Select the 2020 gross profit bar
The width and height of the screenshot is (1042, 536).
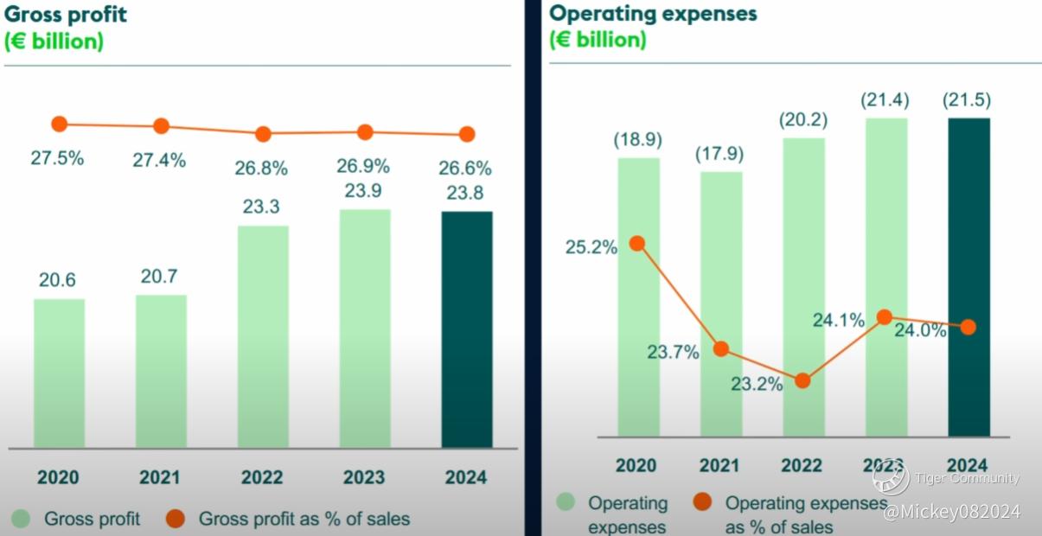59,373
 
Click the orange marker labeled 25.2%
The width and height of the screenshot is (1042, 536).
637,243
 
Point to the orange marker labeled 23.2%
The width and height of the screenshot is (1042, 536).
802,380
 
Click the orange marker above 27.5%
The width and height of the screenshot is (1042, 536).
59,124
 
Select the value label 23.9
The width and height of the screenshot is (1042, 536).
364,191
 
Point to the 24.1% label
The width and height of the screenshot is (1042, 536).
838,320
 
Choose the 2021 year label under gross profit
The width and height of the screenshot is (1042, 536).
160,477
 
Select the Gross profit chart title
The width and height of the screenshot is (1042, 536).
66,14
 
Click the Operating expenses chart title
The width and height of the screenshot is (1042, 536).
653,14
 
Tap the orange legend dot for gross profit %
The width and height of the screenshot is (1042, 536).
176,519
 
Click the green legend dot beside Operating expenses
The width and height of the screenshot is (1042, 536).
566,502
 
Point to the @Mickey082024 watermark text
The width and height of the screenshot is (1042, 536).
951,513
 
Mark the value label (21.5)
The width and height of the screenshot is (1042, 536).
967,100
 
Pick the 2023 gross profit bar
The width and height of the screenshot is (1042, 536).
364,329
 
